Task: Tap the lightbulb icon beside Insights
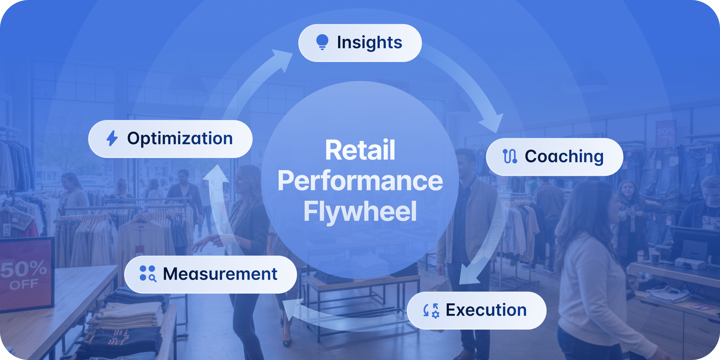[322, 42]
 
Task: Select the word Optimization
[180, 139]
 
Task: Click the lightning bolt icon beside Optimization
[112, 138]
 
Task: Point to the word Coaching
[564, 157]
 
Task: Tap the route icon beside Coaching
[510, 156]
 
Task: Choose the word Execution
[486, 310]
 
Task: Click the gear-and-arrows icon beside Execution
[431, 310]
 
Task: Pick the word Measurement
[220, 274]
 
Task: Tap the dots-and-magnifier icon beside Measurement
[148, 274]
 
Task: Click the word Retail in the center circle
[360, 150]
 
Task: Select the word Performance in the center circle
[360, 181]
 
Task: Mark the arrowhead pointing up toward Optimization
[216, 174]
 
